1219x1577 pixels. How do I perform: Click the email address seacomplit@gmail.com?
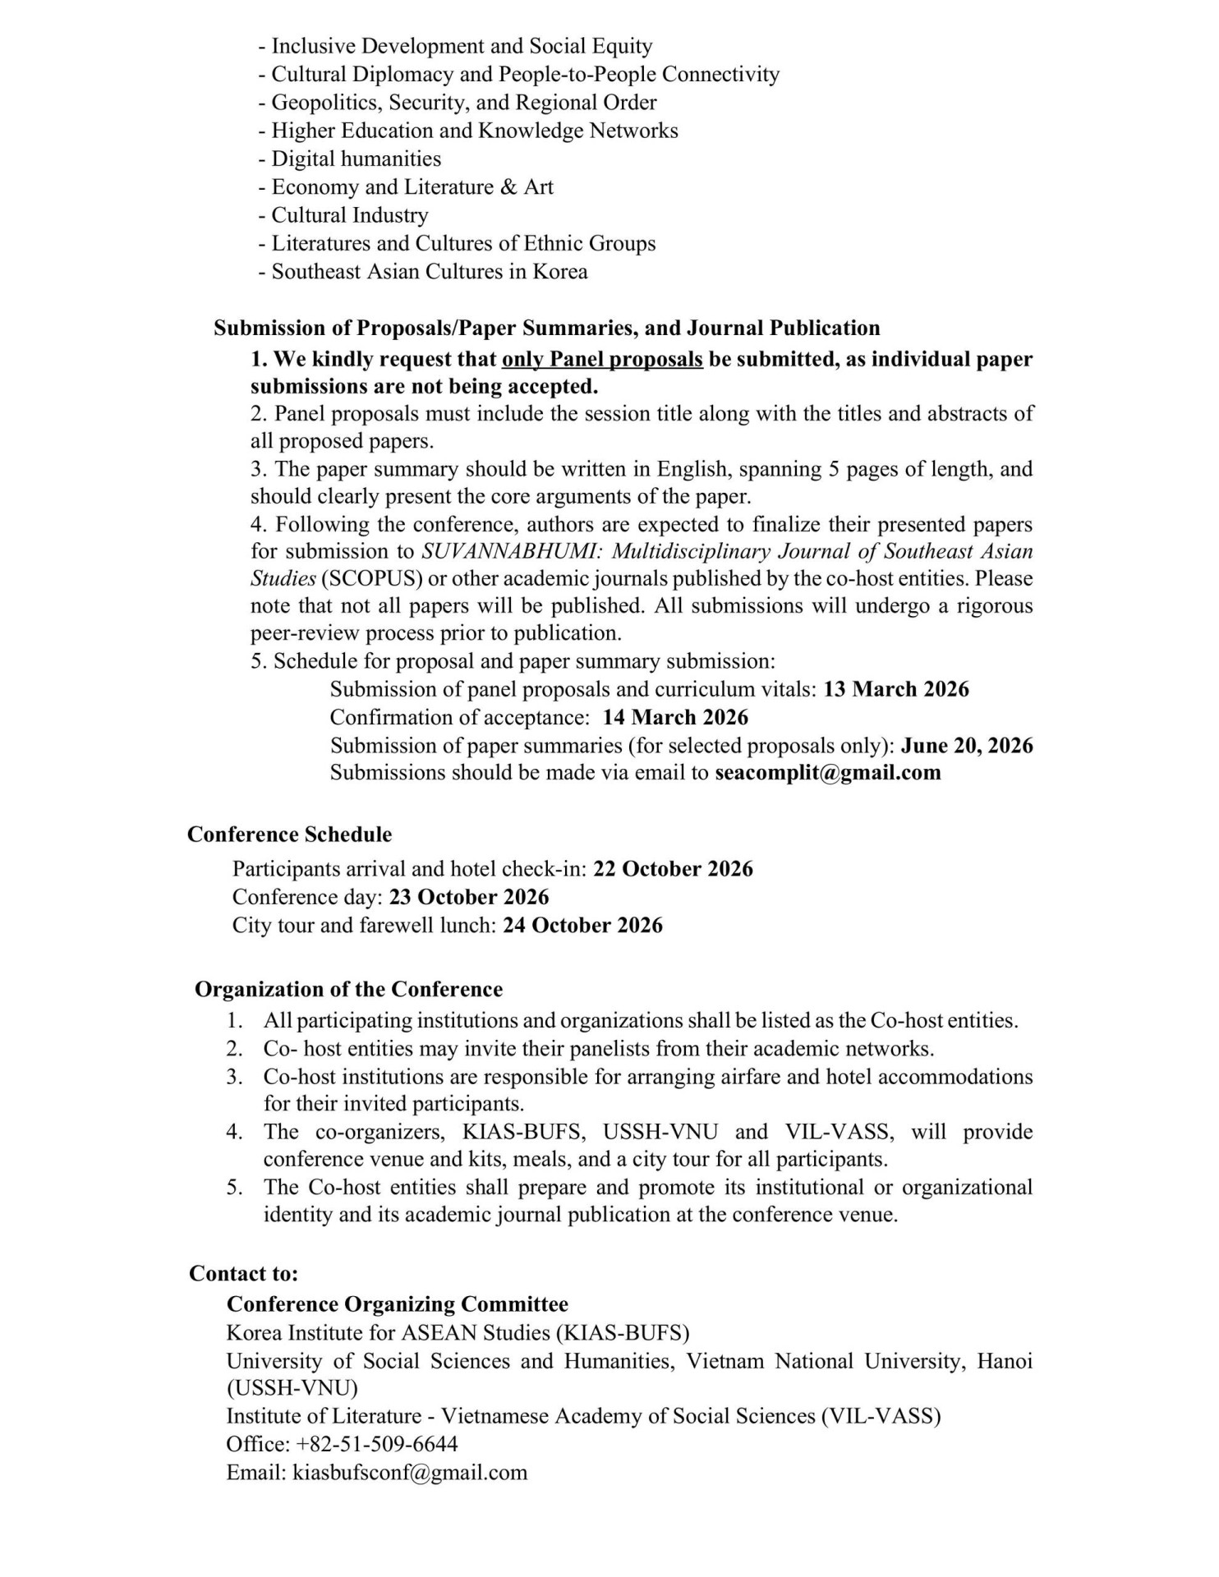pos(827,773)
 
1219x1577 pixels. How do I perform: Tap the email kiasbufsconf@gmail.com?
pos(409,1472)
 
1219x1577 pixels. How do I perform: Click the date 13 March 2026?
pos(895,689)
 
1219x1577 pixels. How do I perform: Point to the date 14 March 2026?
pos(675,717)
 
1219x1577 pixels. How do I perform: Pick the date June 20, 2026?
pos(967,745)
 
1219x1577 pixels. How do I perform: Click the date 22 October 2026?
pos(673,869)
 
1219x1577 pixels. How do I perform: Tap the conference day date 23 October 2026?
pos(469,897)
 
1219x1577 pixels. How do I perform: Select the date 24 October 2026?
pos(582,925)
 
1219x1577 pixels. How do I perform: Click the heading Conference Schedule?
pos(289,834)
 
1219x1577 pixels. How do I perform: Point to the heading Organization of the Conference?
pos(348,990)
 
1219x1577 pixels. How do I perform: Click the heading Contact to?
pos(243,1274)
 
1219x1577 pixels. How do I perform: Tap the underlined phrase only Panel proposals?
pos(602,359)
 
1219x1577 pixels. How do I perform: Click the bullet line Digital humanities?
pos(356,159)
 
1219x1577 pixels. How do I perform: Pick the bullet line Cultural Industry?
pos(349,215)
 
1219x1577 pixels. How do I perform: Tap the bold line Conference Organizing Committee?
pos(397,1304)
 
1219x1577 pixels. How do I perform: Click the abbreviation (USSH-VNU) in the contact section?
pos(292,1388)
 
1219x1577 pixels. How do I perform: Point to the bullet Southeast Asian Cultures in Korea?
pos(429,271)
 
